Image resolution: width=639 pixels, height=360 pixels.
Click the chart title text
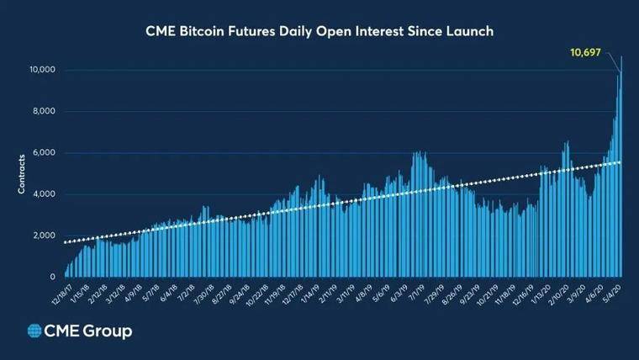(319, 31)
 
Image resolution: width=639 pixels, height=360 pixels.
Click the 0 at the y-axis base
(53, 277)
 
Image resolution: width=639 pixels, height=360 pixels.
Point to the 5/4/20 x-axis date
(612, 292)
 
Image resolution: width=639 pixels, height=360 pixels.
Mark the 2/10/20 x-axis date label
(556, 294)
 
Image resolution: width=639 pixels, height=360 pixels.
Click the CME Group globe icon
(35, 331)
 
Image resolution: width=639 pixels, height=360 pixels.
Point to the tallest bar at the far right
(621, 168)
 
